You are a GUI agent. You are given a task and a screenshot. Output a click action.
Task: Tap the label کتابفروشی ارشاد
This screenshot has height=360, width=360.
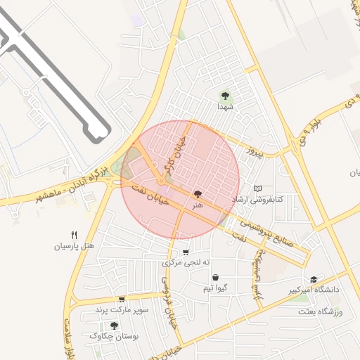[278, 200]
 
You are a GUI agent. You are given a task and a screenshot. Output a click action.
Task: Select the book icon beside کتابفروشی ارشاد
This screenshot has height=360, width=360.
[258, 188]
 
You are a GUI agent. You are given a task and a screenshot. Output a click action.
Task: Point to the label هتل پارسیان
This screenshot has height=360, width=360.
[74, 246]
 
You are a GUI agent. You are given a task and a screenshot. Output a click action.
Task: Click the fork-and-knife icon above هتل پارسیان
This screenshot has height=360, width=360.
[74, 235]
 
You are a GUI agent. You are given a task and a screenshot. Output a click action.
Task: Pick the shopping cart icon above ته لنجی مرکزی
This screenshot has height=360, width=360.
[186, 252]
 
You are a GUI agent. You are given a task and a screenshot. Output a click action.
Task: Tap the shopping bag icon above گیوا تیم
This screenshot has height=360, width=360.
[214, 278]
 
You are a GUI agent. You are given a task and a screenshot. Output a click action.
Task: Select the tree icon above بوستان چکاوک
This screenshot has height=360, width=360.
[115, 326]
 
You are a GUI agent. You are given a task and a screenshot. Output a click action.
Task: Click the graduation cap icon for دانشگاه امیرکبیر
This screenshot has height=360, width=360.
[314, 279]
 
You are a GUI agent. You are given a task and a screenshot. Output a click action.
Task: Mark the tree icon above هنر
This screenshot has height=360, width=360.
[197, 193]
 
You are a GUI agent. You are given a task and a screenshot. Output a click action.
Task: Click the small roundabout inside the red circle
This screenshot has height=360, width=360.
[161, 181]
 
